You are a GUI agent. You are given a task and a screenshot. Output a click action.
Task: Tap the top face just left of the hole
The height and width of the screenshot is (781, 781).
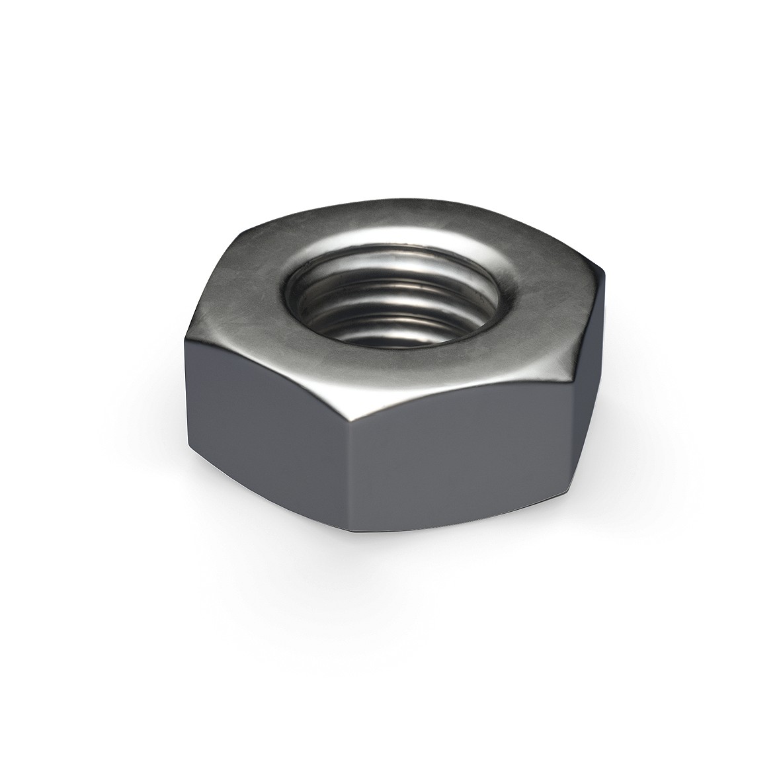255,304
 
